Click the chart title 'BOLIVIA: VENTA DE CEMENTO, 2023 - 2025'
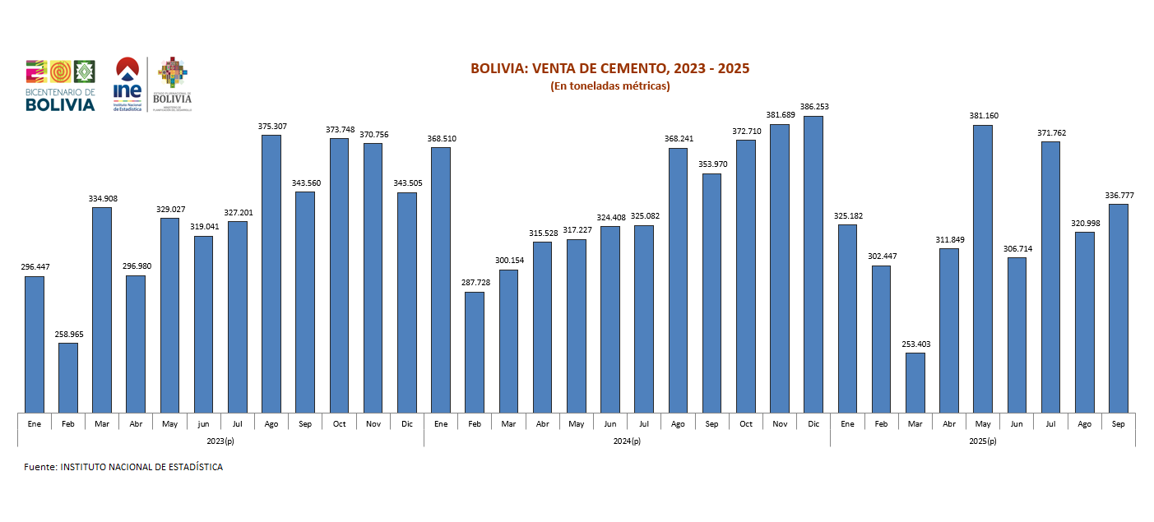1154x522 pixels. pyautogui.click(x=609, y=68)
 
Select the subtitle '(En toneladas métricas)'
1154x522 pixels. pyautogui.click(x=609, y=85)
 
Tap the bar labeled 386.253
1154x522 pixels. pyautogui.click(x=813, y=263)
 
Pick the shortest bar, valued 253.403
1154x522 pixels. pyautogui.click(x=915, y=382)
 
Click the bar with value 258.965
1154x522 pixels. pyautogui.click(x=68, y=377)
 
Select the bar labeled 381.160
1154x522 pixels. pyautogui.click(x=982, y=268)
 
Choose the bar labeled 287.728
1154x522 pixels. pyautogui.click(x=475, y=352)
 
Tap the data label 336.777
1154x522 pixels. pyautogui.click(x=1118, y=196)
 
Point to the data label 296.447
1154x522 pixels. pyautogui.click(x=35, y=267)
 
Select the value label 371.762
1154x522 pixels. pyautogui.click(x=1050, y=132)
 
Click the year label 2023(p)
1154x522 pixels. pyautogui.click(x=220, y=441)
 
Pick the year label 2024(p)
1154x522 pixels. pyautogui.click(x=627, y=441)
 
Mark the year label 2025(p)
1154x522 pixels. pyautogui.click(x=982, y=441)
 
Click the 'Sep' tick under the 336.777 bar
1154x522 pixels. pyautogui.click(x=1118, y=423)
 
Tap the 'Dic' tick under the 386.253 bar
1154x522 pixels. pyautogui.click(x=813, y=423)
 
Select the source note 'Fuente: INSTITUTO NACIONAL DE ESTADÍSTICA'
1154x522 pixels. pyautogui.click(x=123, y=467)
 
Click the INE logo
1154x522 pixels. pyautogui.click(x=127, y=84)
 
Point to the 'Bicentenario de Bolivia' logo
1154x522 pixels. pyautogui.click(x=60, y=85)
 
